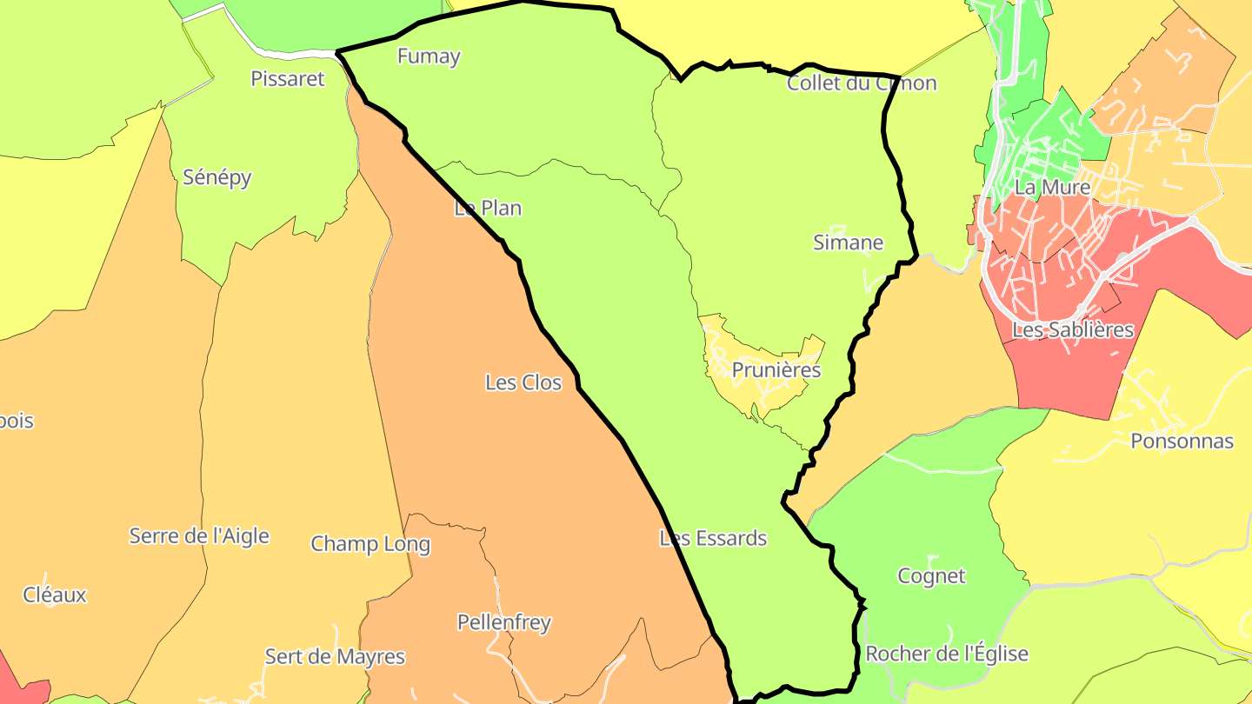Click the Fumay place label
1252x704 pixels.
[x=429, y=56]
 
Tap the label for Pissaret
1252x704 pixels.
[x=287, y=79]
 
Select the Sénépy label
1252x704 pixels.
[x=217, y=177]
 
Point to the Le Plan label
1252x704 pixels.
[x=488, y=209]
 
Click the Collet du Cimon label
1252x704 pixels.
[x=861, y=83]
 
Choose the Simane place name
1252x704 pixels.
[x=848, y=242]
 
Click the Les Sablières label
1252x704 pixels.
[x=1073, y=330]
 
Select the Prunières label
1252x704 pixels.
[x=776, y=370]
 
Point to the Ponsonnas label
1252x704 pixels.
[x=1182, y=442]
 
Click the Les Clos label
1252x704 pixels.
[x=523, y=382]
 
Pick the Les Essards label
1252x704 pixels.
[x=713, y=539]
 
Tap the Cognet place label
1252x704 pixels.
[x=931, y=576]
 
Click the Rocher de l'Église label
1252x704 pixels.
[x=947, y=654]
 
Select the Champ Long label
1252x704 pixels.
[x=370, y=544]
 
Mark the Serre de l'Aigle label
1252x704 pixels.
[x=199, y=536]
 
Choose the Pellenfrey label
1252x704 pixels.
[x=504, y=623]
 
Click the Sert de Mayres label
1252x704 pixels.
[x=335, y=657]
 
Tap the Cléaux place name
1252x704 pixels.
[x=55, y=595]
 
